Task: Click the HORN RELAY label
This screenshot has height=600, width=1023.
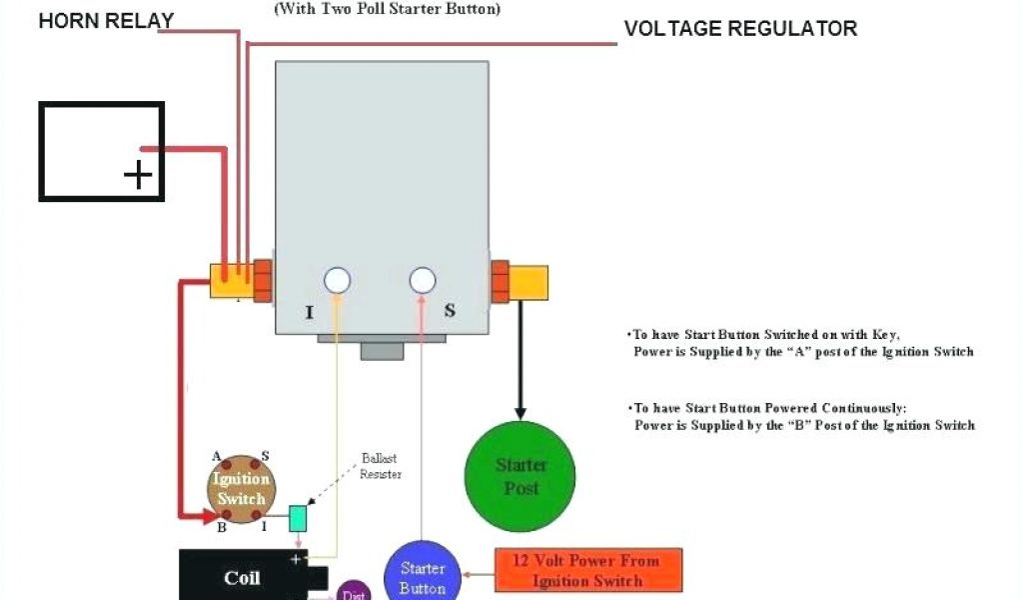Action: click(106, 20)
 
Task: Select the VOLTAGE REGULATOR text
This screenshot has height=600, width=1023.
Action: click(740, 29)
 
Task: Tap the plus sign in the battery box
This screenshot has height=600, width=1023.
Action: click(138, 176)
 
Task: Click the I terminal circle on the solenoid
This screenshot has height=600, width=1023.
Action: click(338, 281)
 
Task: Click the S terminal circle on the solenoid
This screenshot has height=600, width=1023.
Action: click(423, 281)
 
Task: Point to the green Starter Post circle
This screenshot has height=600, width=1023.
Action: click(520, 476)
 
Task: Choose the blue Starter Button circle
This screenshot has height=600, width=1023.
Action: click(422, 575)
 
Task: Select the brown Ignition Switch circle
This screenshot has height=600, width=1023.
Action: click(241, 487)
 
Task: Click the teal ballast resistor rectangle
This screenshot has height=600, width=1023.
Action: click(298, 518)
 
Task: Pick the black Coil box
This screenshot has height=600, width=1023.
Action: click(241, 576)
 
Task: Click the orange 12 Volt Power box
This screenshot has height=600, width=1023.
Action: click(588, 570)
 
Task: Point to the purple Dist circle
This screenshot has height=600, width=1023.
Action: click(352, 592)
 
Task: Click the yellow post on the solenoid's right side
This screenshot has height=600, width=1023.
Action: click(528, 281)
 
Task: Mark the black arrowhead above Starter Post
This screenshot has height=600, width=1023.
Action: click(519, 411)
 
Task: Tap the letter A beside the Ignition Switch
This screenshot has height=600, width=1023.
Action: click(217, 455)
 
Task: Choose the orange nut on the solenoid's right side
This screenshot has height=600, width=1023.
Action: click(500, 281)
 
